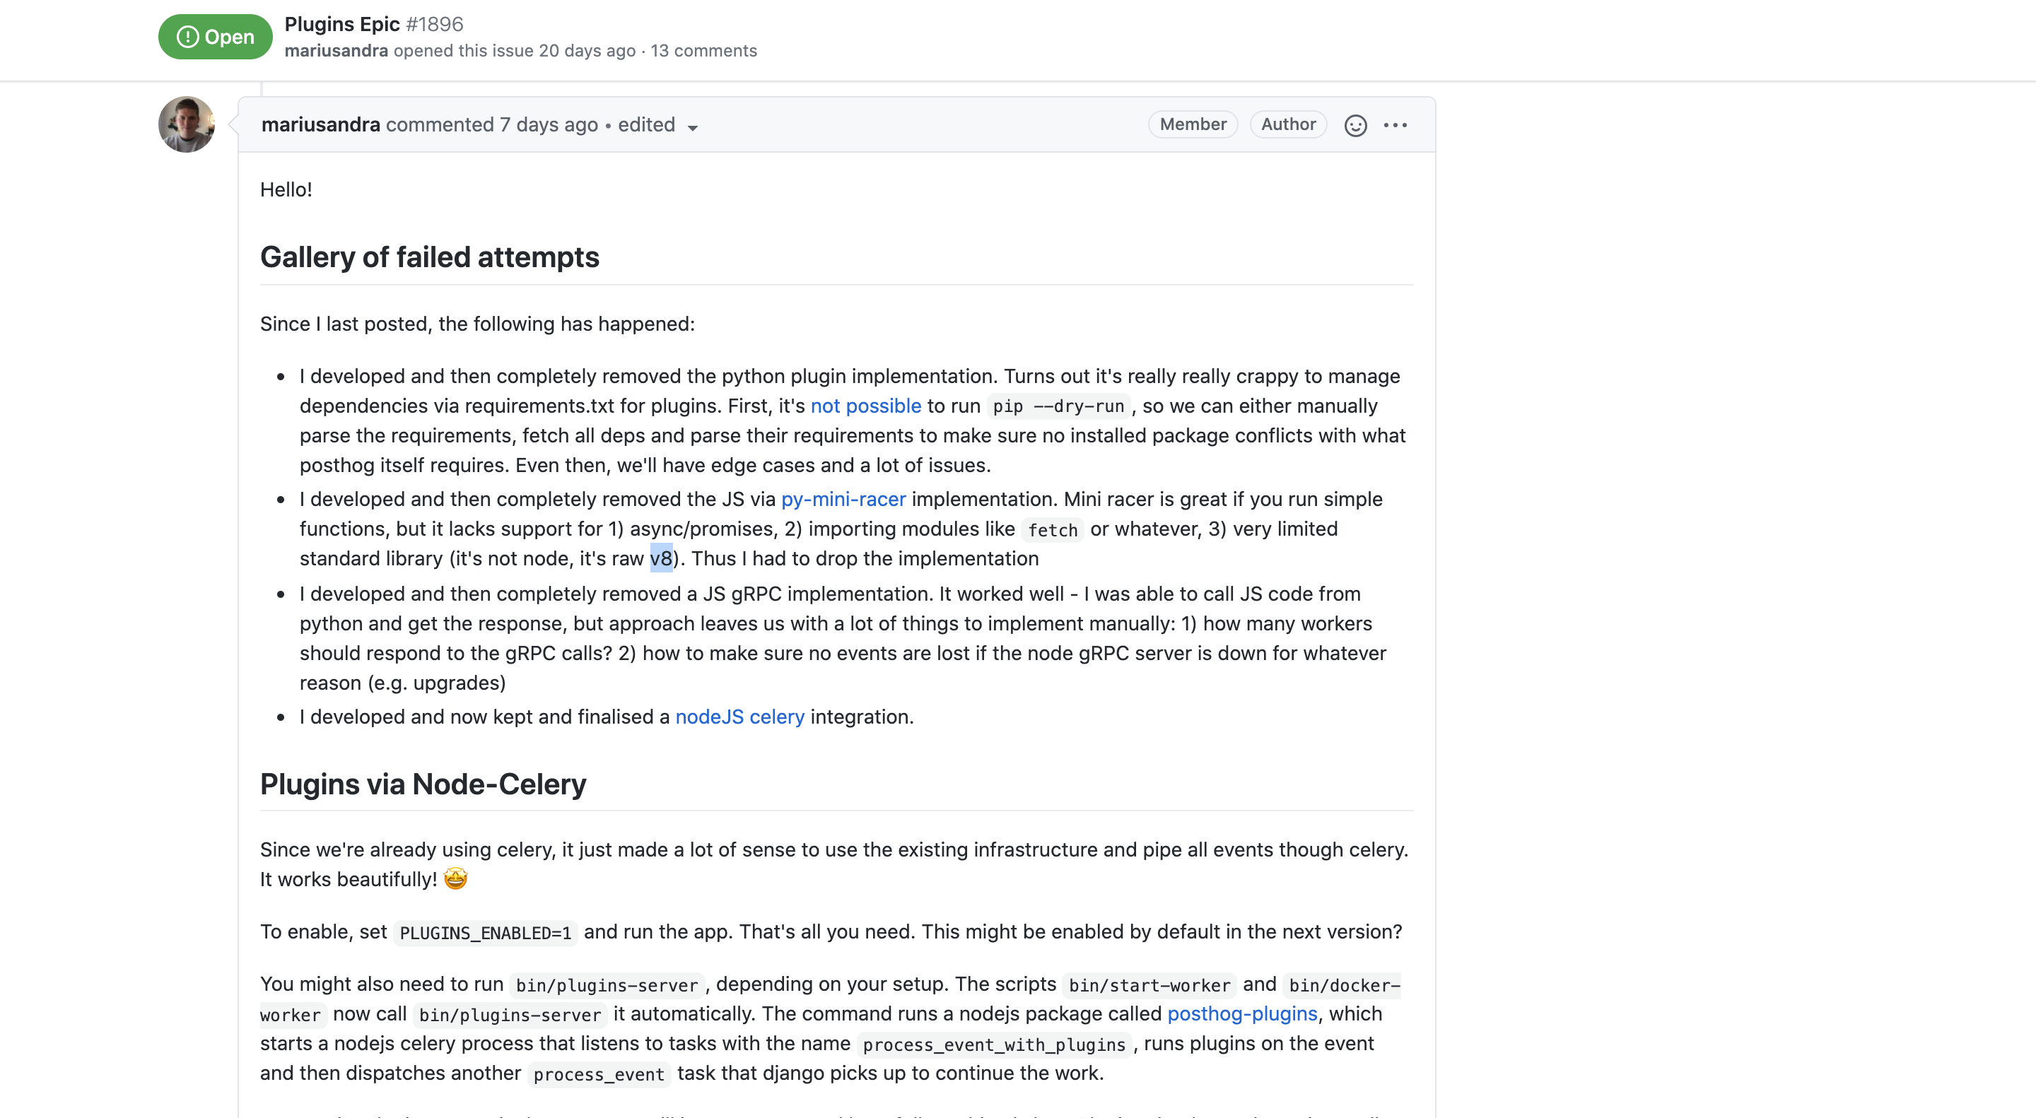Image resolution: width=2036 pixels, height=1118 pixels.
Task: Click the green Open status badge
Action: [215, 37]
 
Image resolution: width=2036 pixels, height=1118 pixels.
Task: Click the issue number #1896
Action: [434, 25]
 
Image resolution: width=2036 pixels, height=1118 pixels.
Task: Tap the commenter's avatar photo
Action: [187, 125]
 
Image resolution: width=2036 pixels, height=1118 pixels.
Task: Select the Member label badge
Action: [1192, 125]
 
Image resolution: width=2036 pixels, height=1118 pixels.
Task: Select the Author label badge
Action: [1287, 125]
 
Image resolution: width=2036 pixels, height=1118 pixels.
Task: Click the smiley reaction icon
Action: [1355, 126]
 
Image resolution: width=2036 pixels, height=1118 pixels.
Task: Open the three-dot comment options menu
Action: [1395, 126]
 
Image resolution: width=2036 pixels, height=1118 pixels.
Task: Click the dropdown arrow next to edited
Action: [692, 127]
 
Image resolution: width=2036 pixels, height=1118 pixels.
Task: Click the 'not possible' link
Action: [865, 406]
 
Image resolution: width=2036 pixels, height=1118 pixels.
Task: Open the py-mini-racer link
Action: [843, 500]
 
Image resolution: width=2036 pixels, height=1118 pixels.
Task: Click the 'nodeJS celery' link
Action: [739, 717]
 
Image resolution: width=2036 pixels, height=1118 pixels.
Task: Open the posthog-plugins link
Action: [1241, 1013]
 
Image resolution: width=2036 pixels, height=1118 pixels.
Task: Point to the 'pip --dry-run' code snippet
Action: [1058, 407]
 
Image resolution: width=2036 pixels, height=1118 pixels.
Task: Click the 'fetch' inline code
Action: [1052, 530]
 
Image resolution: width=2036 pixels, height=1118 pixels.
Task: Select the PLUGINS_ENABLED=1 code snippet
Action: [485, 933]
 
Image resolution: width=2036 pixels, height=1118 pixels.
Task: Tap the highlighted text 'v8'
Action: [661, 558]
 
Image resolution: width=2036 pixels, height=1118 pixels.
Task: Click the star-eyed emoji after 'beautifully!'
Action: [455, 878]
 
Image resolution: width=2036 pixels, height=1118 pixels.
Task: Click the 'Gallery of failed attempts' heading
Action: [429, 257]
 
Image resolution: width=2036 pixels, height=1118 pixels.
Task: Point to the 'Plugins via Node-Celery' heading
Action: [423, 784]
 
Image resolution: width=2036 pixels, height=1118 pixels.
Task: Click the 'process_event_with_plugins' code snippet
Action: [993, 1045]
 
